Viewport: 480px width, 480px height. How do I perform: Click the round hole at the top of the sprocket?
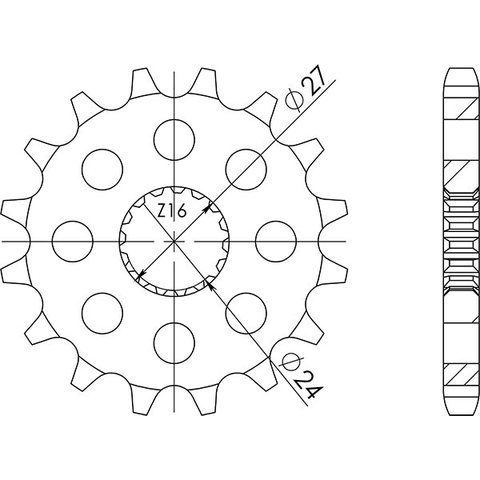click(x=174, y=137)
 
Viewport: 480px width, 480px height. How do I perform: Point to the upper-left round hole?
click(x=102, y=167)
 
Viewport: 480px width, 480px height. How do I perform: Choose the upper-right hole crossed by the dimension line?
click(x=246, y=167)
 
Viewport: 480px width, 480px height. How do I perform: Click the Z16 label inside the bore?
click(x=171, y=212)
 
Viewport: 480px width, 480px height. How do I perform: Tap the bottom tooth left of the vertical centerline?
click(x=141, y=398)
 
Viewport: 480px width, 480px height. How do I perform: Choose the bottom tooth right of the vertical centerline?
click(x=206, y=398)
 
